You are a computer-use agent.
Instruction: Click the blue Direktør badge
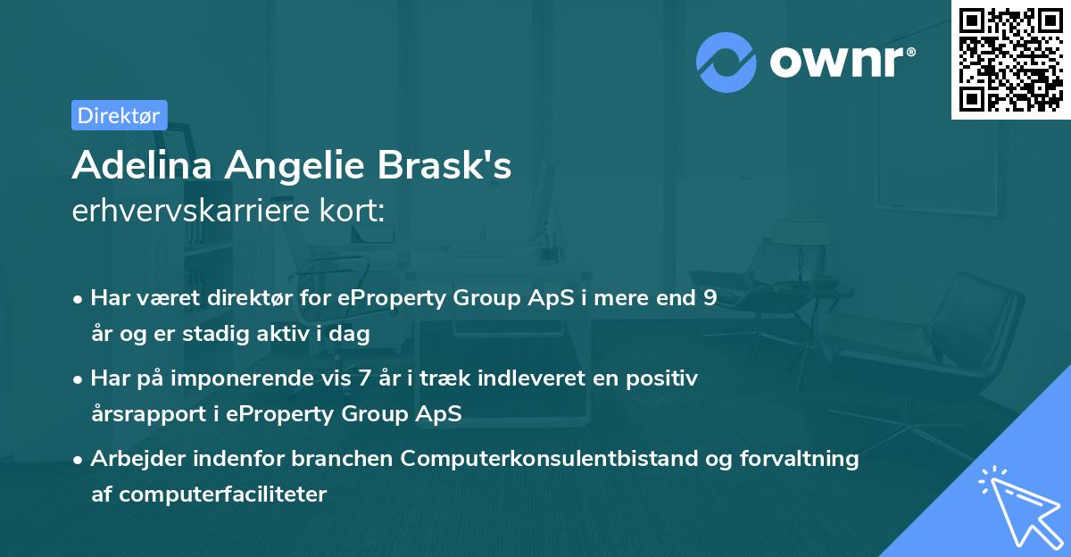(119, 115)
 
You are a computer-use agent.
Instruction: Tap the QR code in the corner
(1010, 59)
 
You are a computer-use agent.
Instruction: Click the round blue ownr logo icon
(726, 62)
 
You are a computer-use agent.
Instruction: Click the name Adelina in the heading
(143, 165)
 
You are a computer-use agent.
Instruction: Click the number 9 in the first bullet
(710, 298)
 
